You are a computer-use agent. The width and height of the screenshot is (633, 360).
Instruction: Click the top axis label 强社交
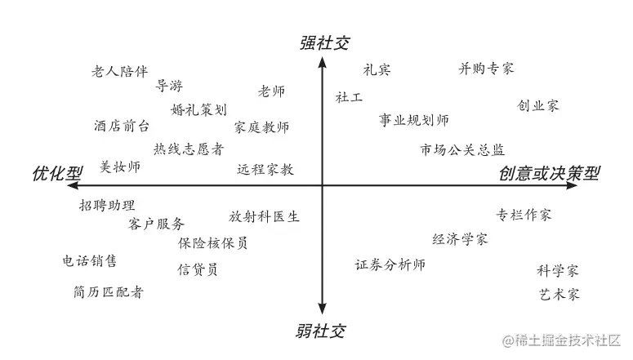coord(323,43)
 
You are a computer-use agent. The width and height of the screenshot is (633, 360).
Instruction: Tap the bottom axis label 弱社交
coord(321,331)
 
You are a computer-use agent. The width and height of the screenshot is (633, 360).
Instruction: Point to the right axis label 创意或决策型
coord(550,174)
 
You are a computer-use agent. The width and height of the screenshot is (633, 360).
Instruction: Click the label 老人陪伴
coord(119,71)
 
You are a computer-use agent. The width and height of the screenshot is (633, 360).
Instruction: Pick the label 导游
coord(169,86)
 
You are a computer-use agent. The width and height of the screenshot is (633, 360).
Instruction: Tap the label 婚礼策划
coord(198,109)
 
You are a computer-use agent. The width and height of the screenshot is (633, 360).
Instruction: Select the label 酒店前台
coord(121,127)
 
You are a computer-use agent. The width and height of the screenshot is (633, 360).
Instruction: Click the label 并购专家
coord(487,69)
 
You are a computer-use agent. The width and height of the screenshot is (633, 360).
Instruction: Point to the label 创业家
coord(538,106)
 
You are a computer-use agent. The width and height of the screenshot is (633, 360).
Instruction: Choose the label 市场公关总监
coord(462,150)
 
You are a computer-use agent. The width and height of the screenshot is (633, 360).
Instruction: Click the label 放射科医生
coord(264,217)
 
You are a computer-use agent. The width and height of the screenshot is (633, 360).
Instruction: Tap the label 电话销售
coord(90,261)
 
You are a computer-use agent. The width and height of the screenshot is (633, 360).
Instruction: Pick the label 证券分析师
coord(390,264)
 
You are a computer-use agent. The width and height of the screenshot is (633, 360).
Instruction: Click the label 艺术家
coord(559,294)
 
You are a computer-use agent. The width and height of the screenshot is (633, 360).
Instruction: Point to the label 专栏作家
coord(524,216)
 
